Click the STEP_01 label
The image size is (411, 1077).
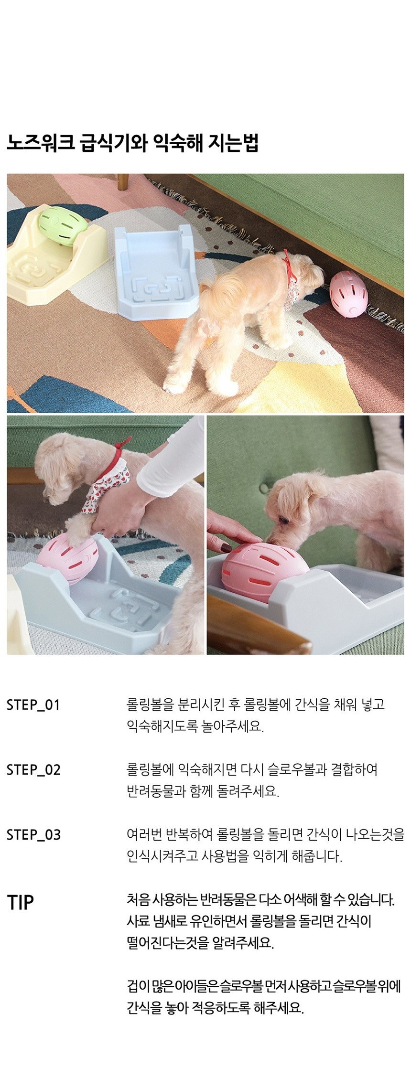click(33, 705)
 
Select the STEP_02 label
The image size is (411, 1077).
click(33, 770)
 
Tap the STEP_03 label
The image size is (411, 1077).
click(33, 835)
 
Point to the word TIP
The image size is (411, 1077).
click(21, 903)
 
